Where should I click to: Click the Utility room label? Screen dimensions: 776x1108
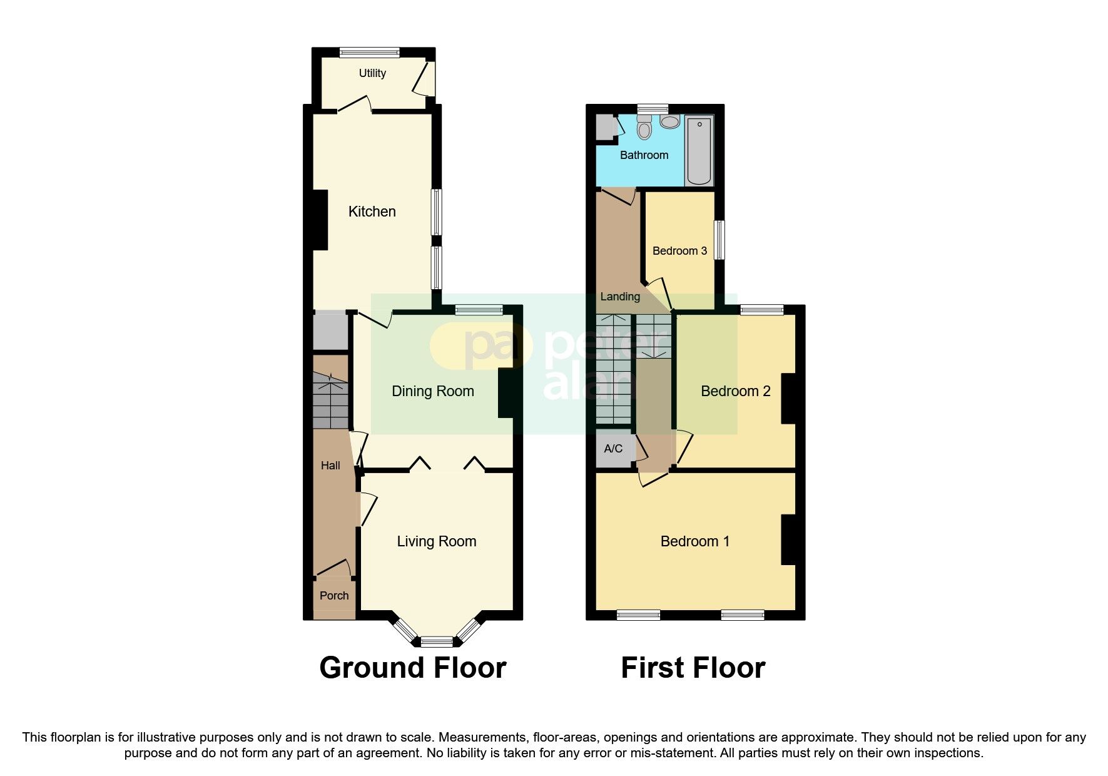(x=372, y=73)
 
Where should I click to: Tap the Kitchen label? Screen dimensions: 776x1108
(x=372, y=212)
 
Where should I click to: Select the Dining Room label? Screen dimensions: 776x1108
(x=432, y=391)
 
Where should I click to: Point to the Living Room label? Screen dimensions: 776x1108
(x=437, y=541)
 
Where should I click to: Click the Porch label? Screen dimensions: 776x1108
(x=334, y=596)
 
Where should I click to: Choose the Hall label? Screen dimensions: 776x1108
(x=330, y=465)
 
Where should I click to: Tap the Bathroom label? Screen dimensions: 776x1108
(x=644, y=155)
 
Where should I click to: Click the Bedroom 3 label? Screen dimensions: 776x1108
(x=679, y=251)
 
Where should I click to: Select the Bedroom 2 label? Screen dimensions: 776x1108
(x=735, y=391)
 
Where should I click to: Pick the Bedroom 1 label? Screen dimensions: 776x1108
(x=695, y=541)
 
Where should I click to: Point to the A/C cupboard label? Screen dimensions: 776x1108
(x=613, y=449)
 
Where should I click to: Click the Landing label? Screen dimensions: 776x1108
(x=620, y=297)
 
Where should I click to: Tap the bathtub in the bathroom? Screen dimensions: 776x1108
(x=699, y=150)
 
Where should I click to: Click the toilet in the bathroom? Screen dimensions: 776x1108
(x=644, y=129)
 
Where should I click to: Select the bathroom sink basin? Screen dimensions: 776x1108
(x=669, y=121)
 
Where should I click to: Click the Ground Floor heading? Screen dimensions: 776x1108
(x=412, y=668)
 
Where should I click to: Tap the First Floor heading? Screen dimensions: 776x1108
(x=693, y=668)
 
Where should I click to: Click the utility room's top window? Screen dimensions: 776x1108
(x=369, y=53)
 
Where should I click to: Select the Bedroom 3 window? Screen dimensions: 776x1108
(x=720, y=239)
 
